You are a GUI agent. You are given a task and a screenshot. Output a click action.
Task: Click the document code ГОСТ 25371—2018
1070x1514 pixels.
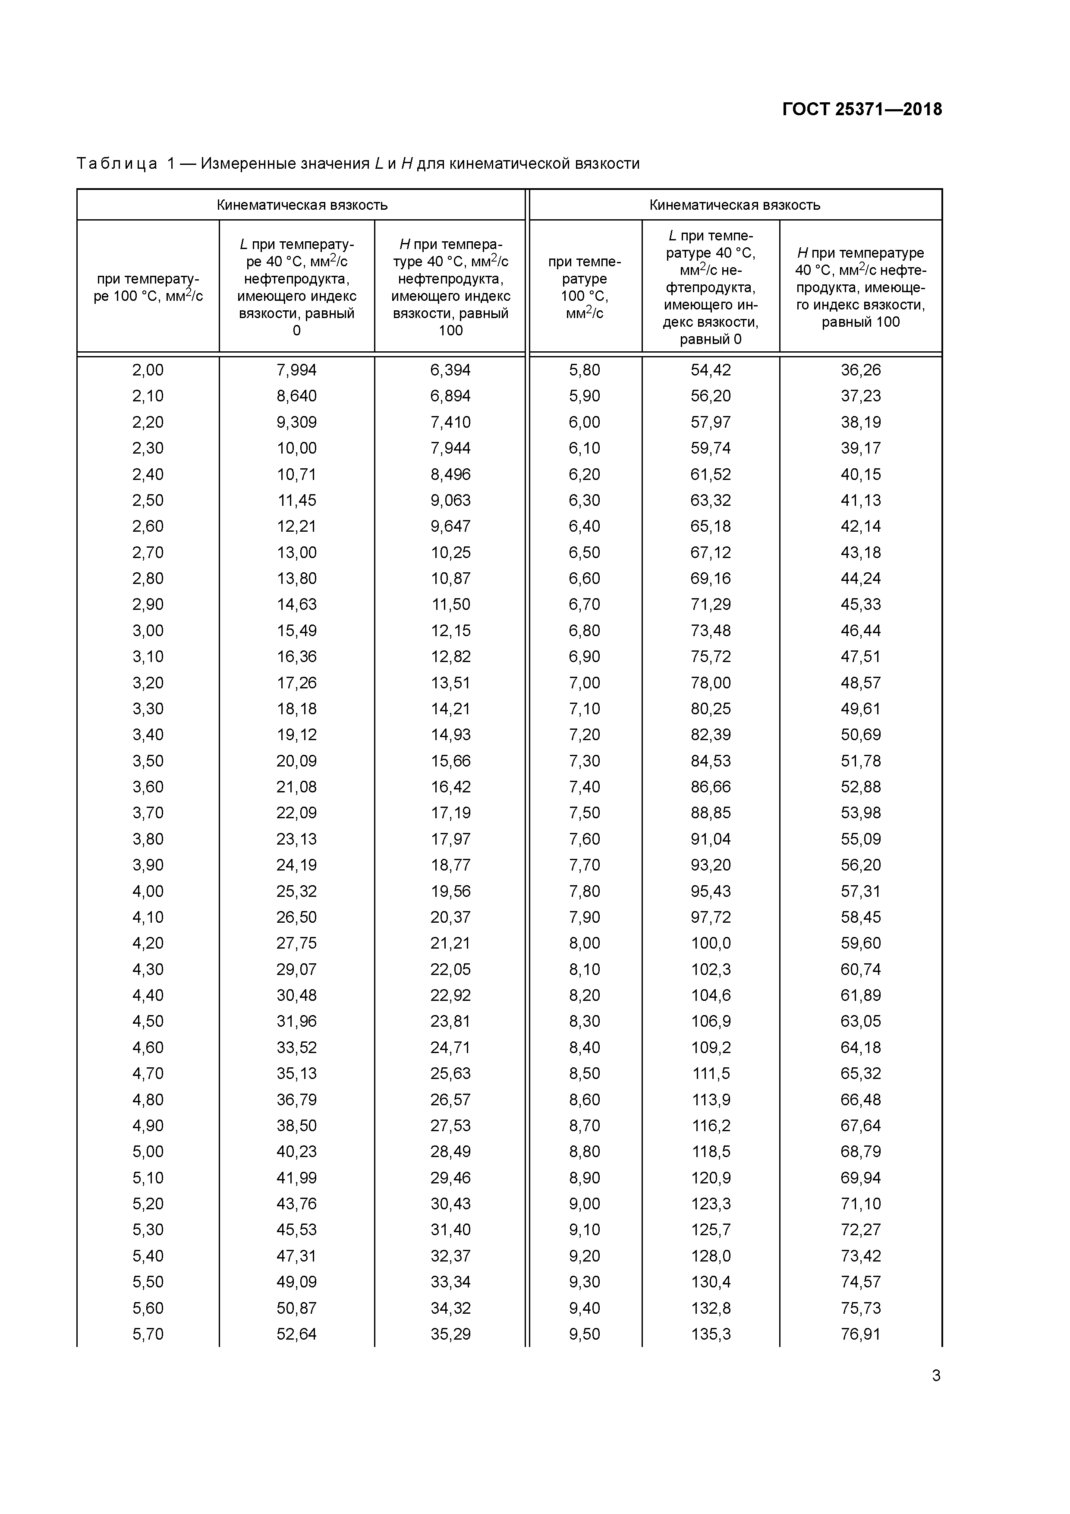[x=862, y=110]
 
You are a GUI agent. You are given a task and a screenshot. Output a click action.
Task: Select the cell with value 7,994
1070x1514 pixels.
[x=297, y=370]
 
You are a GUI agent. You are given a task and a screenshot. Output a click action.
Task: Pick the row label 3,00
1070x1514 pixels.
[x=148, y=631]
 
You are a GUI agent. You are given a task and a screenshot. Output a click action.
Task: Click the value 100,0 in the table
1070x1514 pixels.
[x=711, y=943]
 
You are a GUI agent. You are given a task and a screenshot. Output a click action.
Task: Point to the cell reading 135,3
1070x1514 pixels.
[x=711, y=1334]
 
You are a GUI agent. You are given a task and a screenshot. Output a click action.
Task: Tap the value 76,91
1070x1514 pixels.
[x=860, y=1334]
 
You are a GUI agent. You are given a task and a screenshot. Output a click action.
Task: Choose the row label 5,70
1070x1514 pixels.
[x=148, y=1334]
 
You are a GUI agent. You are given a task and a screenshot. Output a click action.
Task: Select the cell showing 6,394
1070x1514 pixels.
[x=450, y=370]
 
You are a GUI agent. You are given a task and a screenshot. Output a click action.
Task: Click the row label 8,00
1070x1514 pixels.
[x=585, y=943]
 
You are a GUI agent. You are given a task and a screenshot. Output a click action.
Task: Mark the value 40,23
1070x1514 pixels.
[x=297, y=1151]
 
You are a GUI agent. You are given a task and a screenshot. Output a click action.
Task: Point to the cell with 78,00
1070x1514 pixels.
[x=711, y=682]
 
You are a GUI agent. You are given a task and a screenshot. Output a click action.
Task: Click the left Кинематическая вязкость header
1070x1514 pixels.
[x=302, y=205]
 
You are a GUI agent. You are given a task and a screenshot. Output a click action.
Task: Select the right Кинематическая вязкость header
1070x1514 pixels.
[x=734, y=205]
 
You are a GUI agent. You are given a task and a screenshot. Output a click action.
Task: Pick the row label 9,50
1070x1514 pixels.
[x=585, y=1334]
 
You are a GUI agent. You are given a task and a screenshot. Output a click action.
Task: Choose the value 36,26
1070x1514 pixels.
[x=860, y=370]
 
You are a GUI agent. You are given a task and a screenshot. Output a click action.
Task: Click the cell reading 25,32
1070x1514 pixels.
[x=297, y=891]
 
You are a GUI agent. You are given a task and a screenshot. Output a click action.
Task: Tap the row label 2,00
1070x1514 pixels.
[x=148, y=370]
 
